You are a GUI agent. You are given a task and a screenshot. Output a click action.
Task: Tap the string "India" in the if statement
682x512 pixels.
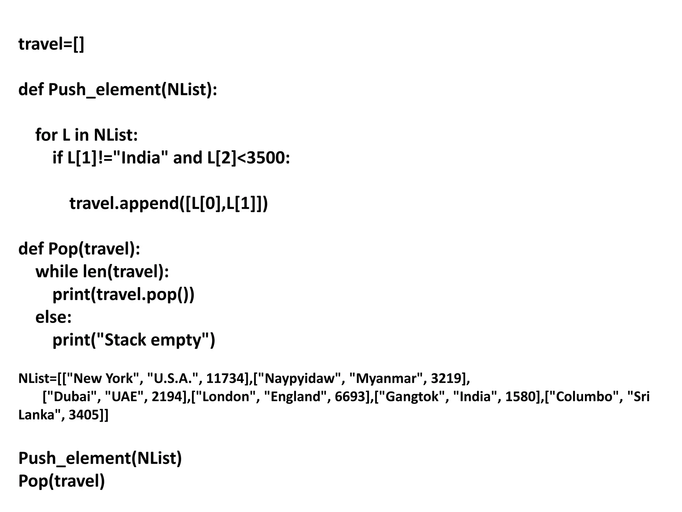coord(141,158)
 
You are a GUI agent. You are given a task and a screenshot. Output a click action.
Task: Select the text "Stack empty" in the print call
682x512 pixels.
coord(153,340)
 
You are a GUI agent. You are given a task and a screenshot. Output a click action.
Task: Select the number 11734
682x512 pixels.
coord(225,378)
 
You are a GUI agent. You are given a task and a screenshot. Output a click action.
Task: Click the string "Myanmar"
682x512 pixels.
coord(386,378)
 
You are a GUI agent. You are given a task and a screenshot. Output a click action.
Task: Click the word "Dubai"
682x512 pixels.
coord(72,397)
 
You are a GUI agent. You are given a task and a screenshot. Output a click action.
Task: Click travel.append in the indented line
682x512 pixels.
coord(123,203)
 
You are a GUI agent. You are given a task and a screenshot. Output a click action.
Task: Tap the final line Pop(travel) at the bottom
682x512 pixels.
coord(62,481)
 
